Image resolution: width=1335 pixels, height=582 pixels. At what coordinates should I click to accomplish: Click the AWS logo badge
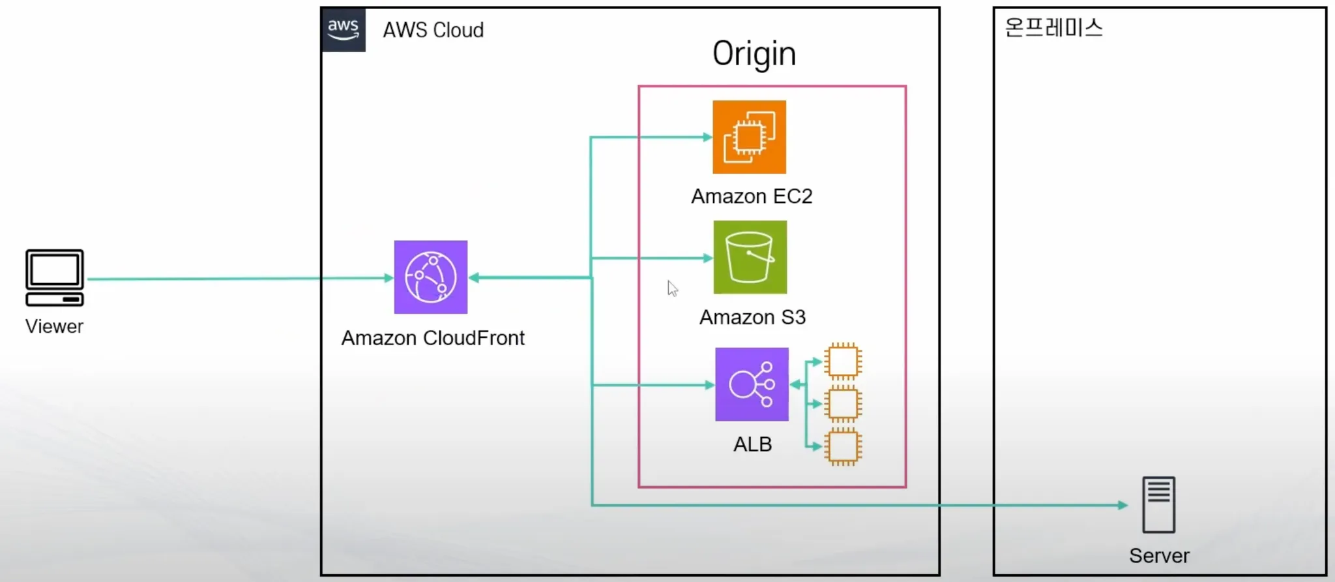tap(344, 30)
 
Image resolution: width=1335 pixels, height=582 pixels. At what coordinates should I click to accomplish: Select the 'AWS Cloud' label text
tap(433, 30)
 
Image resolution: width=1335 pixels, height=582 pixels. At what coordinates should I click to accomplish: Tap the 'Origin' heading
tap(754, 54)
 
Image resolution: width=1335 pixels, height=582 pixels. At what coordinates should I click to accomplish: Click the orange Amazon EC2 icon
tap(749, 137)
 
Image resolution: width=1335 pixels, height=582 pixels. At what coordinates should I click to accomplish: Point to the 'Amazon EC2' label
tap(752, 196)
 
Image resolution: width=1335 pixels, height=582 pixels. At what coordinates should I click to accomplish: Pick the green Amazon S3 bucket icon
tap(750, 257)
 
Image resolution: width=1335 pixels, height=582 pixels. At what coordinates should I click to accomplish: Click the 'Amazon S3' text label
tap(752, 317)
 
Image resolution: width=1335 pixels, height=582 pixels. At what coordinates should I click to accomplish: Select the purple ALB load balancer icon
tap(752, 384)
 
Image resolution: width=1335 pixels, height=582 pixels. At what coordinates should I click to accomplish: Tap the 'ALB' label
tap(752, 444)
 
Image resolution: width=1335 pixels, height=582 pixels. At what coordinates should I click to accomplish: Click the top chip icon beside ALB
tap(843, 361)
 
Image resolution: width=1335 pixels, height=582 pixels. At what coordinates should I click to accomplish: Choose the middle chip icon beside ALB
tap(843, 404)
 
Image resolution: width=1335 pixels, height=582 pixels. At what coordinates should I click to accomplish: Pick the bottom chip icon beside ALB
tap(843, 447)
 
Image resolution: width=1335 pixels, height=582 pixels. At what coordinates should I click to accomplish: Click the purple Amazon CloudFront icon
tap(431, 277)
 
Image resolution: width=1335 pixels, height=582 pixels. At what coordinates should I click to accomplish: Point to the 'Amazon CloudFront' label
tap(433, 338)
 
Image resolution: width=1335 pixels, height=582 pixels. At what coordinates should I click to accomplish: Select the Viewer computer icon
tap(55, 278)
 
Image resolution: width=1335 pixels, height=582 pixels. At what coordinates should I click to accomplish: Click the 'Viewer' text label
tap(54, 326)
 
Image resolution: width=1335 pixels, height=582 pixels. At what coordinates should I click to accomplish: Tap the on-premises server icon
tap(1159, 505)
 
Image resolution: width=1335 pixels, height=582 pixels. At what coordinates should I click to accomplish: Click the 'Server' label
tap(1159, 556)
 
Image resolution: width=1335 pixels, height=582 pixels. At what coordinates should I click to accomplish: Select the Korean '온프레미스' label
tap(1053, 28)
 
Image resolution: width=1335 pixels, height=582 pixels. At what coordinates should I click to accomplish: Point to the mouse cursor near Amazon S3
tap(673, 288)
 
